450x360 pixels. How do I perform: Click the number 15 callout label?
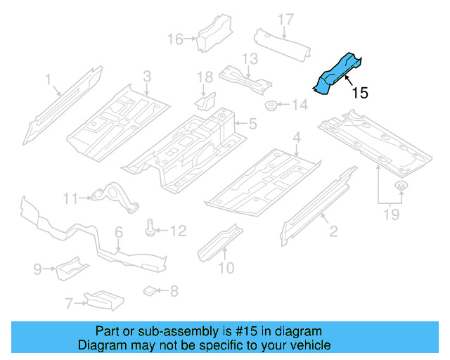pos(359,93)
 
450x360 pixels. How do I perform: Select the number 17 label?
pos(285,19)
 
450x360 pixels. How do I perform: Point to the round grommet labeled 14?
pos(269,107)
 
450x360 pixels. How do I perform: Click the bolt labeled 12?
pos(150,229)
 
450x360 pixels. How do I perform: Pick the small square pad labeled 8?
pos(148,290)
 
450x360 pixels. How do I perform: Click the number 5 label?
pos(252,124)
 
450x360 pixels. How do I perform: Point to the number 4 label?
pos(297,137)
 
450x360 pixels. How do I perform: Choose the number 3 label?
pos(147,77)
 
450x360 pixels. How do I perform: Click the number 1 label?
pos(49,82)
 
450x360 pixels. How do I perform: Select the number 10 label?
pos(226,267)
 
